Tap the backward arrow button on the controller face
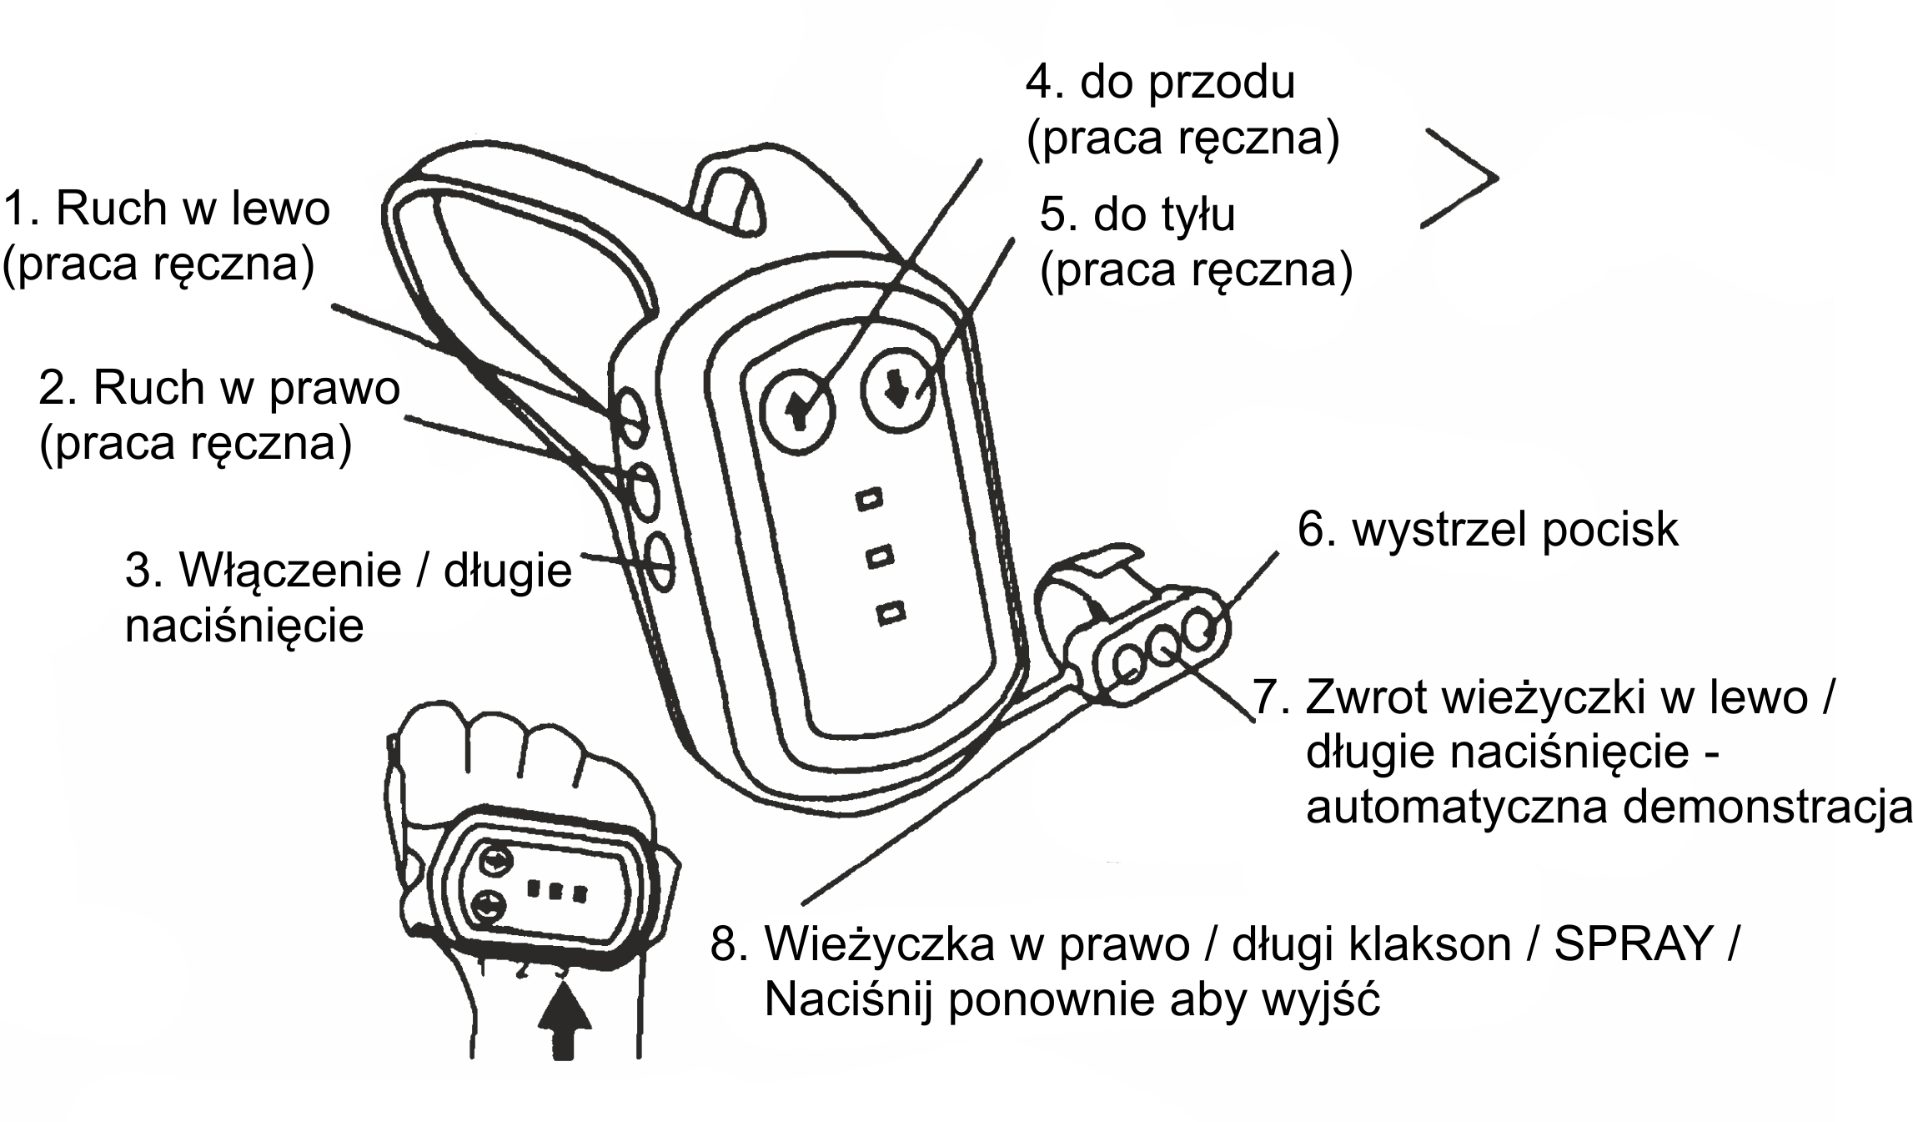[898, 390]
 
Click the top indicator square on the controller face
[869, 500]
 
